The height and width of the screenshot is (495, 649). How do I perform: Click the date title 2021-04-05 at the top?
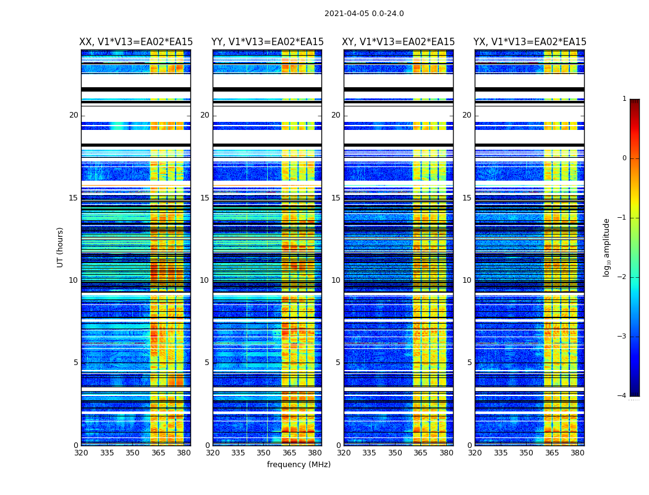pos(364,14)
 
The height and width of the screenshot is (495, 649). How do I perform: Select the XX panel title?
pos(136,42)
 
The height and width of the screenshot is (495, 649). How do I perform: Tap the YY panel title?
pos(267,42)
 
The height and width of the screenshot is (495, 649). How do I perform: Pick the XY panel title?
pos(398,42)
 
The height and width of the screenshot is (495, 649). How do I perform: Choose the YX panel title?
pos(530,42)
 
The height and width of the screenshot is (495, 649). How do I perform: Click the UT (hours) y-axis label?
pos(61,247)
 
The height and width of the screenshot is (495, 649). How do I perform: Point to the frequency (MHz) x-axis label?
pos(299,465)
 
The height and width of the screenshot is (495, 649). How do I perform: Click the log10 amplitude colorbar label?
pos(607,247)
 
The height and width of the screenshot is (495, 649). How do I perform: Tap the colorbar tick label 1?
pos(624,99)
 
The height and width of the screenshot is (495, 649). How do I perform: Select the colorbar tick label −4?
pos(622,396)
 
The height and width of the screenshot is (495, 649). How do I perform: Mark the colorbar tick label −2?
pos(622,277)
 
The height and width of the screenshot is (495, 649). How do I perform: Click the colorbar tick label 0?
pos(624,158)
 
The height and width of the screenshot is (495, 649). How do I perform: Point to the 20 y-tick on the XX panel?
pos(74,115)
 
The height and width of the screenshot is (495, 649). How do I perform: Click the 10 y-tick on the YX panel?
pos(467,280)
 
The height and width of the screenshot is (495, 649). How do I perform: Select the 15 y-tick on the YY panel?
pos(205,198)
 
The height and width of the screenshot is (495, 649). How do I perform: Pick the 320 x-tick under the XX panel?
pos(81,453)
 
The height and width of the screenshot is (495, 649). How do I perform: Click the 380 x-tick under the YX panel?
pos(577,453)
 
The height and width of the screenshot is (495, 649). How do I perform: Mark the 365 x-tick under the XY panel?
pos(420,453)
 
